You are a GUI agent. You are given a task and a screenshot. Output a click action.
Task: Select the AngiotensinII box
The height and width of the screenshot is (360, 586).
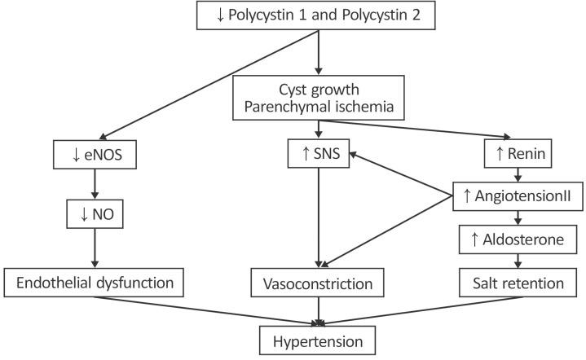[516, 193]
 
